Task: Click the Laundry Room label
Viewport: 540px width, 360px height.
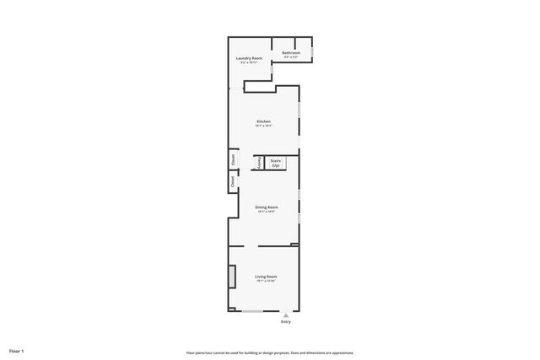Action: click(x=251, y=58)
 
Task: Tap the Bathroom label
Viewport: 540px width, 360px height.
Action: click(x=291, y=52)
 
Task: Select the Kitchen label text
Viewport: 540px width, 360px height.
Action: click(x=264, y=121)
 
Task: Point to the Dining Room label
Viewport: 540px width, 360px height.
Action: click(x=267, y=206)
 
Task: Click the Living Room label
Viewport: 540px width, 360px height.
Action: click(x=267, y=276)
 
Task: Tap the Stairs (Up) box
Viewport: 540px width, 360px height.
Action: click(x=276, y=163)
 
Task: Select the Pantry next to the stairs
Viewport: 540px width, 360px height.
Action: click(x=259, y=163)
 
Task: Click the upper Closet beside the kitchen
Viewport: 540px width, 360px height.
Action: click(x=232, y=159)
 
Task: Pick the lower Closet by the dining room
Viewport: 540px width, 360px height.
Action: click(x=232, y=180)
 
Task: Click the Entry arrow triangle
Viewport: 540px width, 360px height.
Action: click(x=285, y=316)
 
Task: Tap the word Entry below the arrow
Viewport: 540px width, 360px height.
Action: click(x=285, y=322)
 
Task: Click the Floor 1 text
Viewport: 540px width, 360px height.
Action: click(x=17, y=350)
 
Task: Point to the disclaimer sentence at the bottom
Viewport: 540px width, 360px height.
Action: click(x=270, y=352)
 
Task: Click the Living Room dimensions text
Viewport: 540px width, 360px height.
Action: click(x=267, y=281)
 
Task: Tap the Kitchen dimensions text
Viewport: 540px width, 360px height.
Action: click(x=264, y=126)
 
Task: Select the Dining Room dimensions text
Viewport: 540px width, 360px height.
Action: click(x=267, y=211)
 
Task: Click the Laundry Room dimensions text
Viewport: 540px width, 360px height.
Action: click(x=251, y=63)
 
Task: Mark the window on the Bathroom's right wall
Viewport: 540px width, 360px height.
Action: click(x=313, y=52)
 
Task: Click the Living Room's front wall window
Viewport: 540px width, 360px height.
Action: click(x=252, y=311)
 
